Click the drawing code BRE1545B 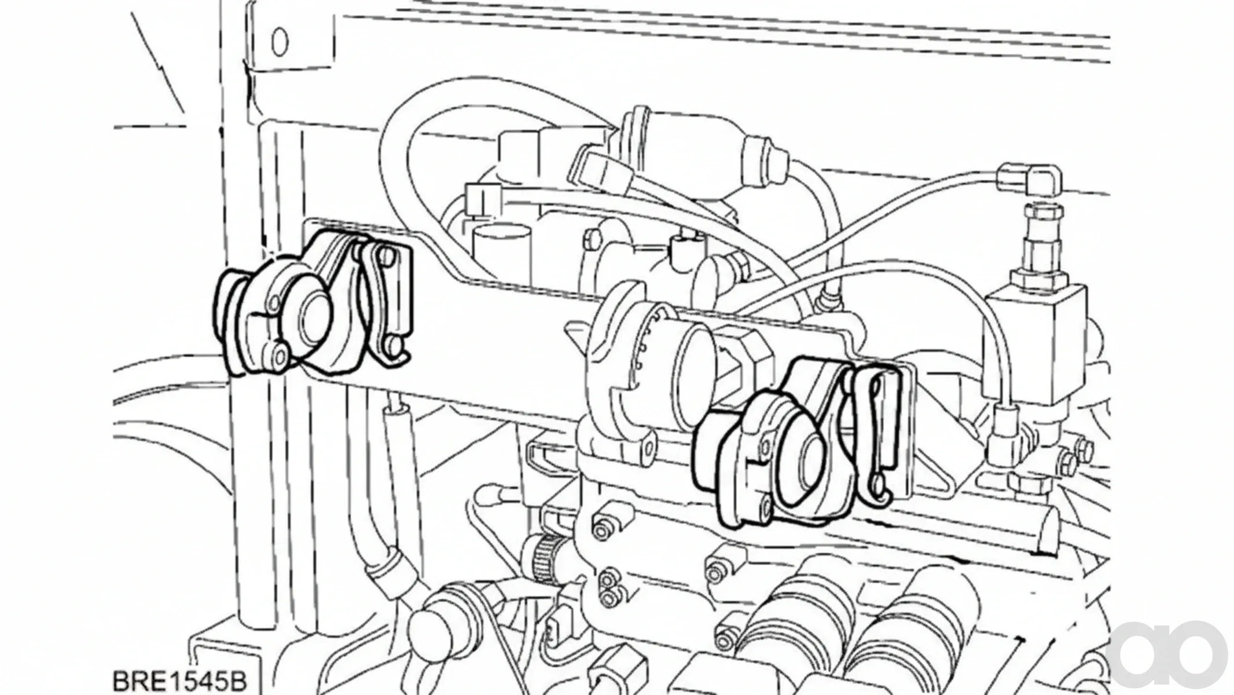point(179,679)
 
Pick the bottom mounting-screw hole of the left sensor point(281,353)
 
